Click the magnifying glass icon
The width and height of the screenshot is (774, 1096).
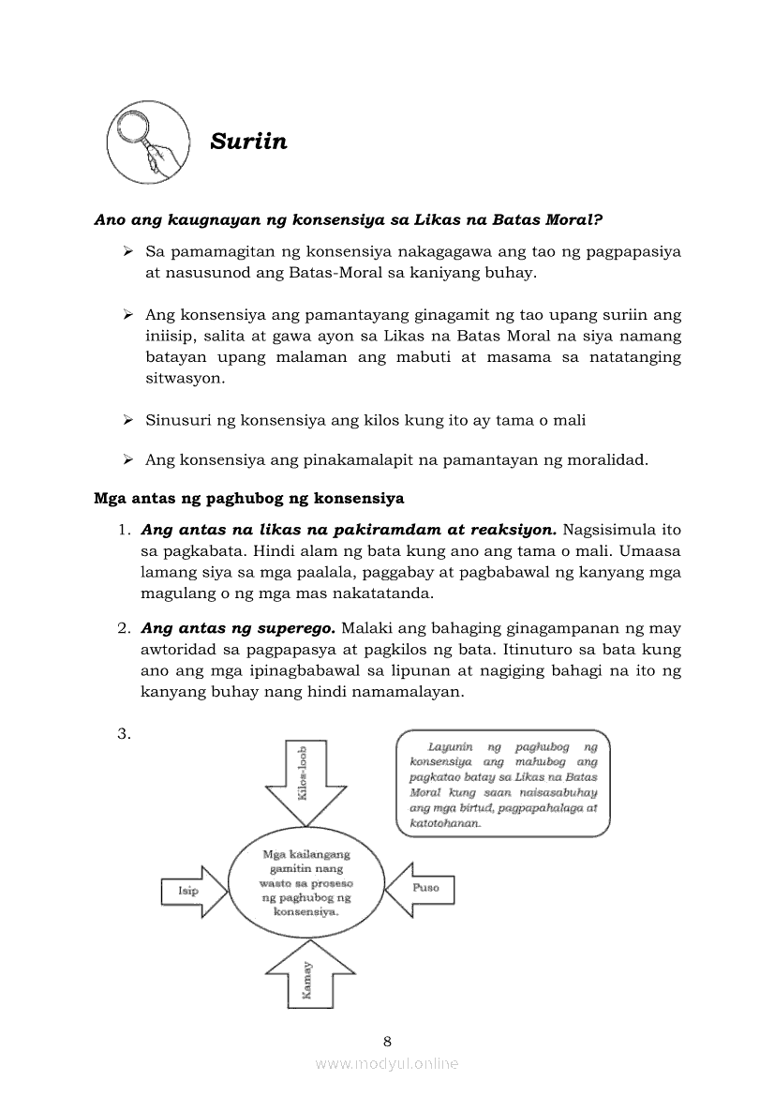pyautogui.click(x=144, y=142)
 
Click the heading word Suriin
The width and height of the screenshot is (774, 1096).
pyautogui.click(x=248, y=142)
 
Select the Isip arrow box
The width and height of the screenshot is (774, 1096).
pyautogui.click(x=194, y=891)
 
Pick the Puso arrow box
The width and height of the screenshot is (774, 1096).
pyautogui.click(x=421, y=888)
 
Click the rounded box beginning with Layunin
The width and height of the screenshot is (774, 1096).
pyautogui.click(x=502, y=785)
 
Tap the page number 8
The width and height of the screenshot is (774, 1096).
pyautogui.click(x=387, y=1041)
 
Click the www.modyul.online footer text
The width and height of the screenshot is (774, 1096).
pyautogui.click(x=387, y=1063)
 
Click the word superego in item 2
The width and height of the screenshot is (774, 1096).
pyautogui.click(x=300, y=627)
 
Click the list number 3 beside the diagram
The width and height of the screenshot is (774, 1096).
pyautogui.click(x=123, y=733)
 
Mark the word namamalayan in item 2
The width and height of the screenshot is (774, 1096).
pyautogui.click(x=414, y=692)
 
